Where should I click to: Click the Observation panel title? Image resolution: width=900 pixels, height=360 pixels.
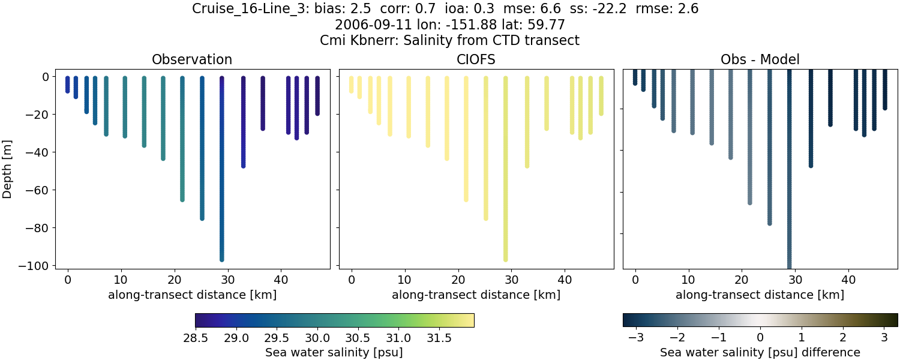(192, 59)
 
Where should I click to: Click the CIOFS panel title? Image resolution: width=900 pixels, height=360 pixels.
(476, 59)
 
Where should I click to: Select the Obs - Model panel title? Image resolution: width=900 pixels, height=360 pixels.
(760, 59)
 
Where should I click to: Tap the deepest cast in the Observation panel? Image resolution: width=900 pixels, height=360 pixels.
(222, 180)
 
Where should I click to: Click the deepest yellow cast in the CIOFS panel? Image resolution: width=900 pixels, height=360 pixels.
(506, 180)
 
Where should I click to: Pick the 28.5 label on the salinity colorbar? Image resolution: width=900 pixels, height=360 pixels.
(195, 338)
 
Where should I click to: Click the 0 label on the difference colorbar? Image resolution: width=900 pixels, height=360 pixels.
(760, 338)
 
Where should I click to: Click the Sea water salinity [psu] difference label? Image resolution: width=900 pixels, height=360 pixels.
(760, 352)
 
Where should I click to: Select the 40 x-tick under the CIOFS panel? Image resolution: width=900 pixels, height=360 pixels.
(565, 279)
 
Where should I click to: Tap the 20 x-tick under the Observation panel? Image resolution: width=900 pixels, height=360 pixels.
(174, 279)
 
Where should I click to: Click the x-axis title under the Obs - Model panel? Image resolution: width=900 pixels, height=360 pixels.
(760, 295)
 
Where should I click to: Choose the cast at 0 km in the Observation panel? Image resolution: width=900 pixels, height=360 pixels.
(68, 85)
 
